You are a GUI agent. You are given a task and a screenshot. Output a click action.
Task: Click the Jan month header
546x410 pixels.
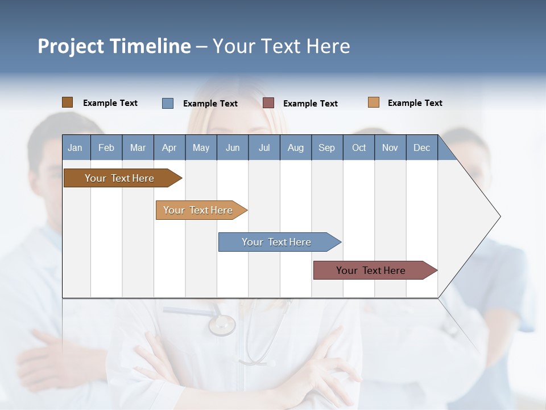75,147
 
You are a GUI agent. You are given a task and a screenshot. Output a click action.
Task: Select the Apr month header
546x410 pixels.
169,147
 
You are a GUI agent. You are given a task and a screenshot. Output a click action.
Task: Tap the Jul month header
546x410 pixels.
264,147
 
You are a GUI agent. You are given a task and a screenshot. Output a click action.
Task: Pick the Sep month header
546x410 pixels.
326,147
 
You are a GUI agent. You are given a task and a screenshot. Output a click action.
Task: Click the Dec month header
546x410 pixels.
421,147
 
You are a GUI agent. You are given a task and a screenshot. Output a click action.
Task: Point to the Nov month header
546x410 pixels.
390,147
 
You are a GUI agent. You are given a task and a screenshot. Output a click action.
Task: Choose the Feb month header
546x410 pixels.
106,147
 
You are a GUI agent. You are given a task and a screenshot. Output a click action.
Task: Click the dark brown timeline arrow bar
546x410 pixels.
119,178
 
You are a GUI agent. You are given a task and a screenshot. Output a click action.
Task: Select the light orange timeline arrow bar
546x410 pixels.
198,210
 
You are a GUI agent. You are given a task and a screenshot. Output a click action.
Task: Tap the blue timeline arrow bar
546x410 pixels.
276,242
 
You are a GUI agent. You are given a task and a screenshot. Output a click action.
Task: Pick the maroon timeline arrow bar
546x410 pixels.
371,270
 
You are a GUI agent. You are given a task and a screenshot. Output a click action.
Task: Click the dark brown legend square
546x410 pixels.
67,102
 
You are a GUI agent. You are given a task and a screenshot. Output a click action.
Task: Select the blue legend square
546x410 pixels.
168,103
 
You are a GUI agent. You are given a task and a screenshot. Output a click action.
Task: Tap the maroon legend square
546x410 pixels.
268,103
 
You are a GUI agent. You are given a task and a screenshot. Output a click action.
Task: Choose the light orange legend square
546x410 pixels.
373,102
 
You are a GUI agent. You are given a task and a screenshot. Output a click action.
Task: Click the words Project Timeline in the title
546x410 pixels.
114,46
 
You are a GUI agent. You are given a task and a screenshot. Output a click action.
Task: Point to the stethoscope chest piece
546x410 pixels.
221,325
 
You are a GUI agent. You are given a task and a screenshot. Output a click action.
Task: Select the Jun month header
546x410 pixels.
233,147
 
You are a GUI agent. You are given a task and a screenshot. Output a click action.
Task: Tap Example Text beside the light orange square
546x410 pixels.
415,103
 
